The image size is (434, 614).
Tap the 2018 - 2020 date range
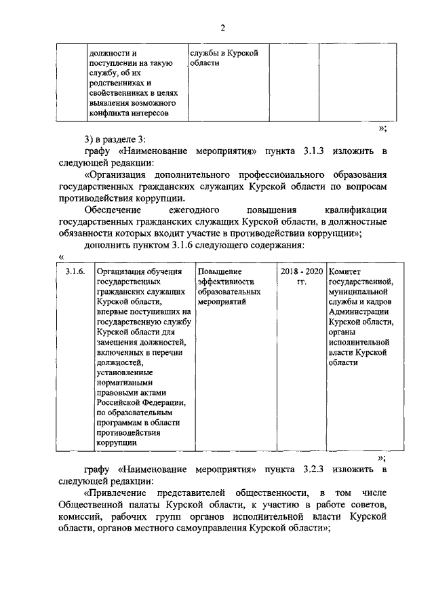pyautogui.click(x=301, y=271)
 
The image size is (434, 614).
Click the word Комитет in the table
pyautogui.click(x=344, y=271)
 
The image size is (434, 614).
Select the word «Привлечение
pyautogui.click(x=121, y=494)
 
